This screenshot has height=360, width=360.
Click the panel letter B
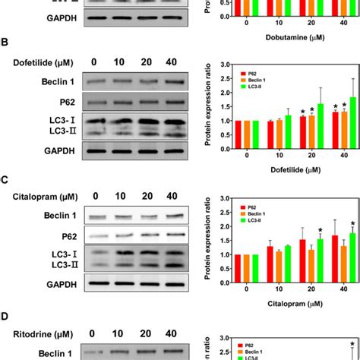[6, 43]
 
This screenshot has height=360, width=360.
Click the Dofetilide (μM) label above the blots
[40, 62]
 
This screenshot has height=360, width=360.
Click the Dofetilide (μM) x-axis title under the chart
[283, 172]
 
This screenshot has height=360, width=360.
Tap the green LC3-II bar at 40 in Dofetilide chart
[352, 125]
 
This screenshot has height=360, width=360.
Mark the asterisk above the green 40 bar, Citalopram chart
[352, 224]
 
